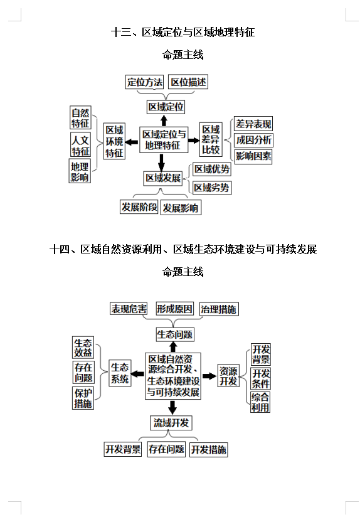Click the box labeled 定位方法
[145, 82]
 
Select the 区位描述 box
[189, 82]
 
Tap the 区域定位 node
[166, 107]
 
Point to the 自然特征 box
[80, 117]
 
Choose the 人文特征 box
[80, 146]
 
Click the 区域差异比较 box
[211, 140]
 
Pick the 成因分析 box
[253, 140]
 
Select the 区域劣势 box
[211, 187]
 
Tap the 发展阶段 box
[139, 207]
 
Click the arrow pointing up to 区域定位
[164, 120]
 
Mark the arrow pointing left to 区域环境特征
[132, 142]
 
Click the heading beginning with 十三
[183, 32]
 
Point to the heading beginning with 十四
[183, 249]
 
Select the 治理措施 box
[219, 309]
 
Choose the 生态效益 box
[83, 348]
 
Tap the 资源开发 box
[228, 376]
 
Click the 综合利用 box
[260, 402]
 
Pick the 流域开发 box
[171, 422]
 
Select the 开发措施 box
[209, 449]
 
